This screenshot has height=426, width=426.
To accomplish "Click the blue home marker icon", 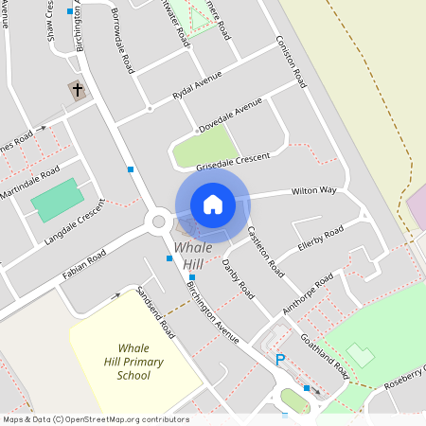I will [x=213, y=204].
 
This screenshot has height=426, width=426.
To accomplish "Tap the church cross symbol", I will [x=76, y=91].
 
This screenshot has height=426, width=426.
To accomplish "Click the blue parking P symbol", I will [x=279, y=360].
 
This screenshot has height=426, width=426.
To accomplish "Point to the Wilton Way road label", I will [x=313, y=191].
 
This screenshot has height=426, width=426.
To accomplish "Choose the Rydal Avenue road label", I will [x=196, y=85].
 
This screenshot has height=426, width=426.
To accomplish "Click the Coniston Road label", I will [x=292, y=62].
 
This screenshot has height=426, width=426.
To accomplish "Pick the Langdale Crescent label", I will [x=75, y=222].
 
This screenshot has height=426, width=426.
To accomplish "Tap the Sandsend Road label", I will [x=156, y=312].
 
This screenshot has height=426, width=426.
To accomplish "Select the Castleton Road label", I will [x=265, y=251].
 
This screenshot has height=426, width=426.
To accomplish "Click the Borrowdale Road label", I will [x=123, y=43].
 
